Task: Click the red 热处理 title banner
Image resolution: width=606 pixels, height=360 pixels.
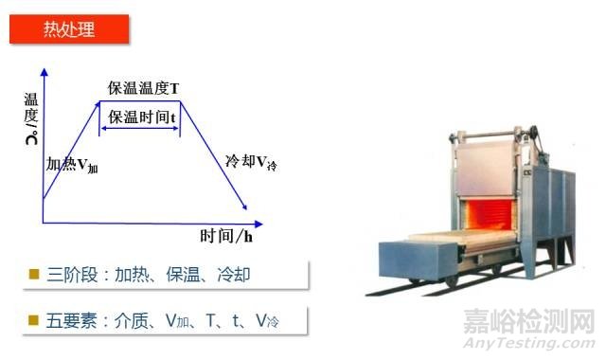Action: click(x=69, y=28)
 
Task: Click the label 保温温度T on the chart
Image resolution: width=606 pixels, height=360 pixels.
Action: click(x=144, y=89)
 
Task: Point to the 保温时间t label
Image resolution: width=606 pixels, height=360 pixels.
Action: click(x=141, y=117)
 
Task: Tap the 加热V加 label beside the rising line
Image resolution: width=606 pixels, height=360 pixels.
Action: click(x=72, y=163)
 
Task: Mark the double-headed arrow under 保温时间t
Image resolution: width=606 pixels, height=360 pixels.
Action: click(x=139, y=127)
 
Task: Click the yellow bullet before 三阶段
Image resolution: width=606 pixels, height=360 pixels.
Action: click(x=34, y=275)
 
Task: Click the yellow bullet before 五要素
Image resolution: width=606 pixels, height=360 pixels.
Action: click(x=34, y=320)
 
